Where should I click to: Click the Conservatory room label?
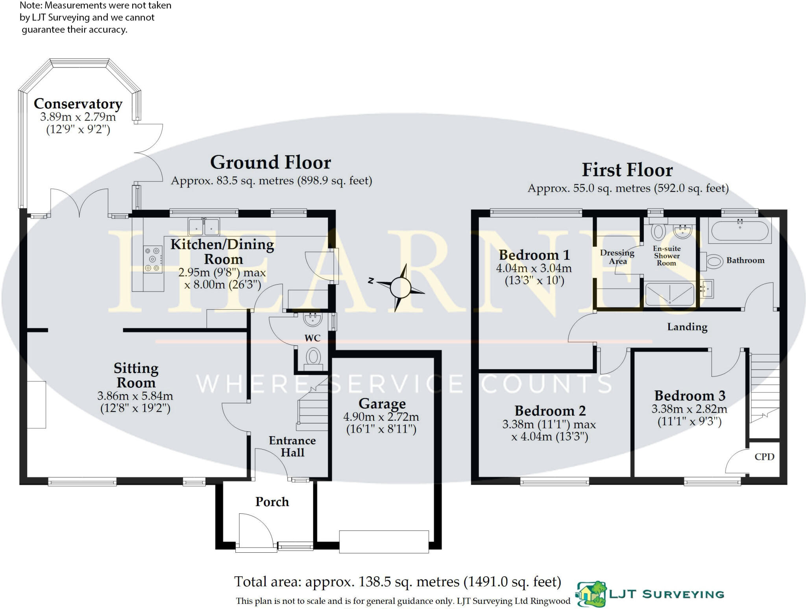click(78, 104)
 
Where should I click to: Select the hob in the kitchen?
click(153, 259)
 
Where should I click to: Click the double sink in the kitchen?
click(203, 226)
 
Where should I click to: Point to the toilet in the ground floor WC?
click(313, 358)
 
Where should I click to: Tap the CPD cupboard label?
click(764, 457)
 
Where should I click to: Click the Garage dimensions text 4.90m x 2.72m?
click(381, 417)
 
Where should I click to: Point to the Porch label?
click(272, 502)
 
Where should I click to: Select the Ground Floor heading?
click(271, 163)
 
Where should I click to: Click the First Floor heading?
click(627, 170)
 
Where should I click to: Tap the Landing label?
click(687, 327)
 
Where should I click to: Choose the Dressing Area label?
click(617, 257)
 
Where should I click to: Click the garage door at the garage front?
click(384, 542)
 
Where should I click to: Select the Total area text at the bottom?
click(397, 582)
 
